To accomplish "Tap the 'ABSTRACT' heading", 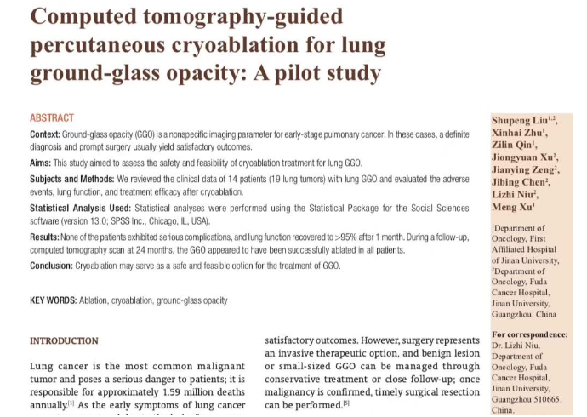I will coord(52,117).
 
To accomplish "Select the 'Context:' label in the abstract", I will coord(45,134).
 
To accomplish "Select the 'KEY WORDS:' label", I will coord(53,300).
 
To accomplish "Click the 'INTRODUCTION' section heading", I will coord(64,340).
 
